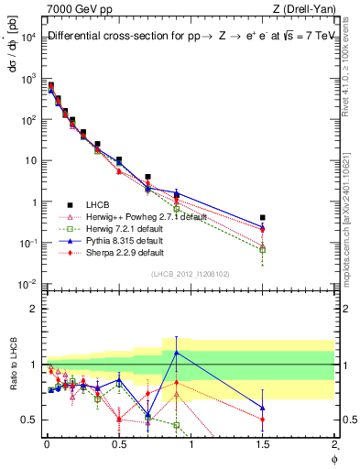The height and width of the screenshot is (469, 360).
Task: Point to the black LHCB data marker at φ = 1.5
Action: [x=263, y=218]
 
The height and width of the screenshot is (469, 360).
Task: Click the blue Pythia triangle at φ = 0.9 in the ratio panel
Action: [x=176, y=352]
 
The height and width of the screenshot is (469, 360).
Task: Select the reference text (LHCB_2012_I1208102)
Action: [x=190, y=274]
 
